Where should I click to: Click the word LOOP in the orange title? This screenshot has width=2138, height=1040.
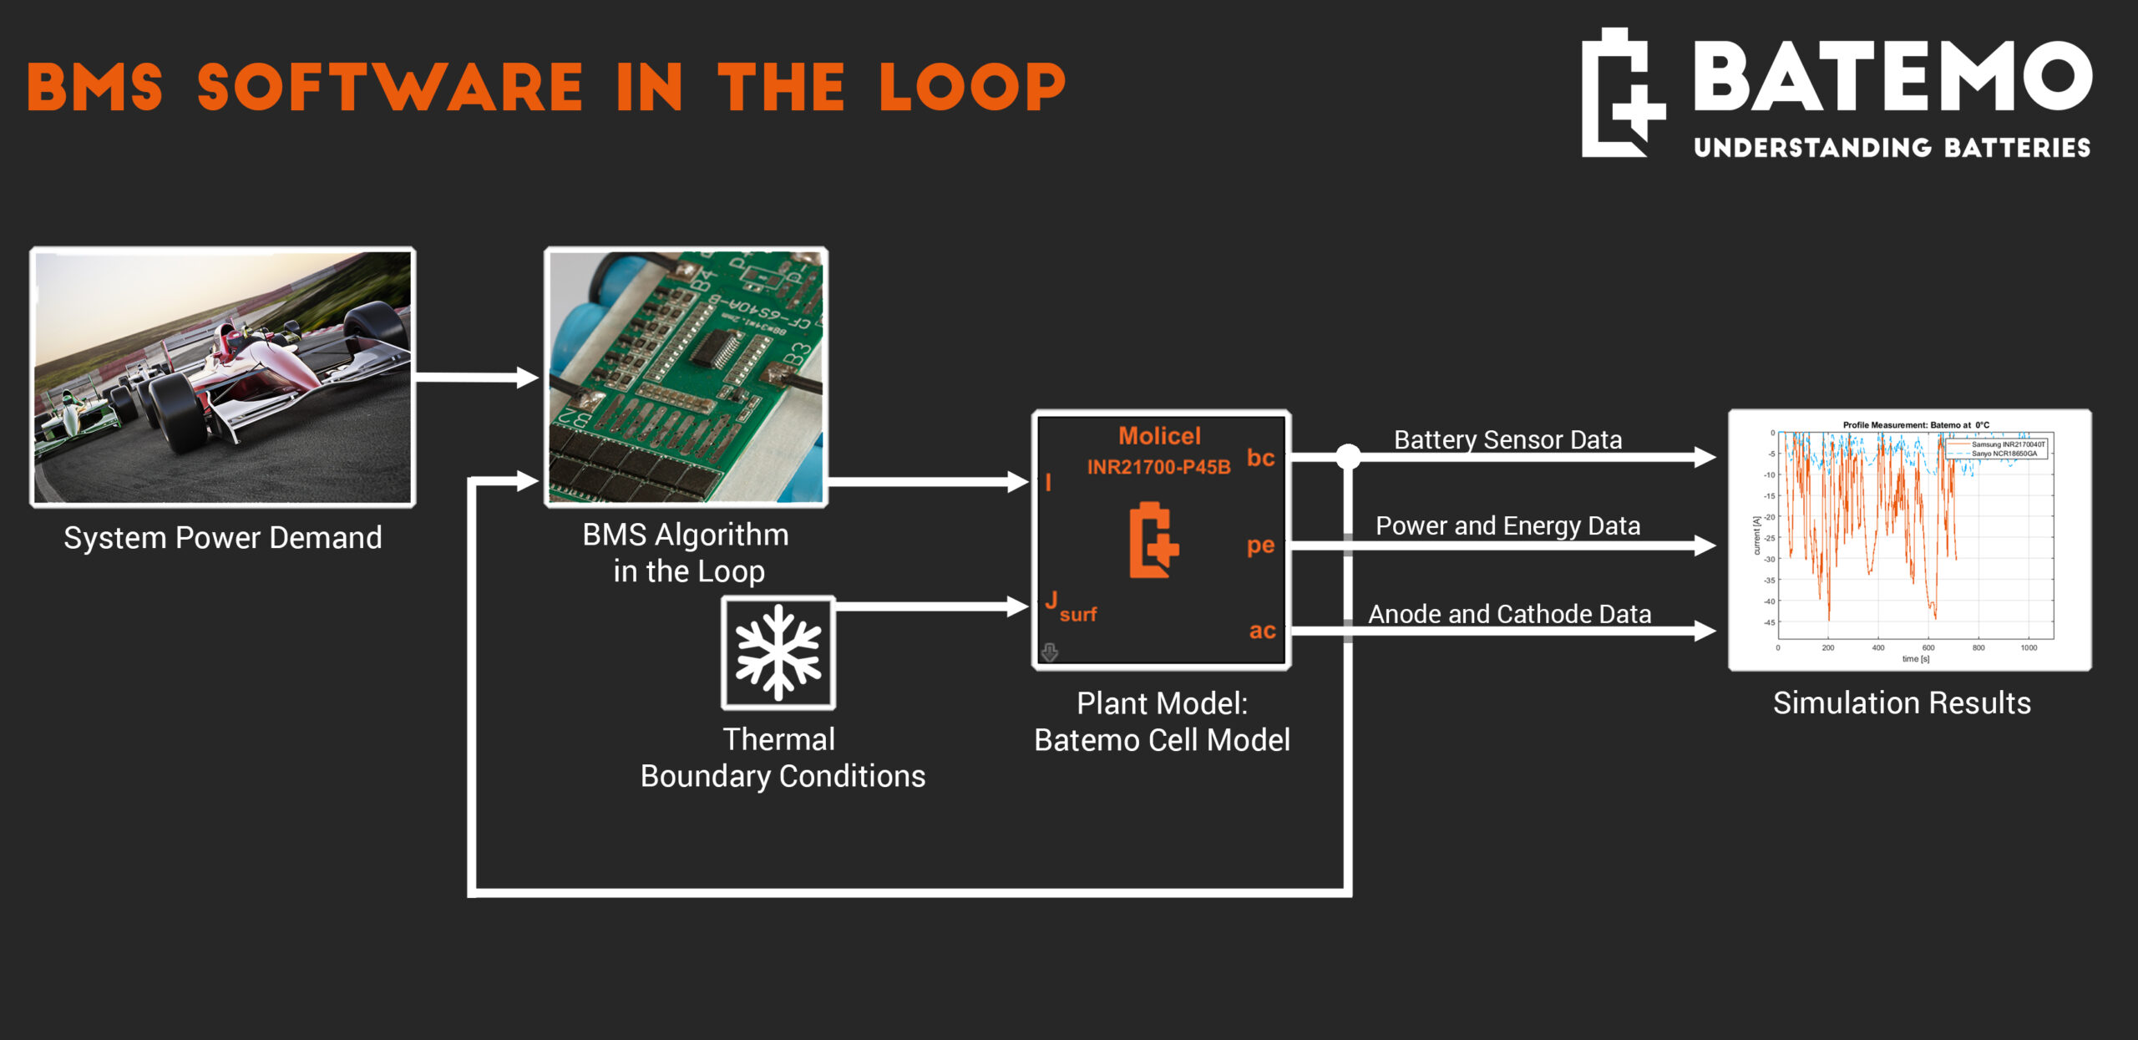click(972, 88)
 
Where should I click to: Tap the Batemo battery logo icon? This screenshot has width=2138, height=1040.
click(1621, 93)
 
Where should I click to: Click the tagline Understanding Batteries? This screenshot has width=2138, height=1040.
click(1892, 148)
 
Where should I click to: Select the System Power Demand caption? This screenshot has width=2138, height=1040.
click(223, 538)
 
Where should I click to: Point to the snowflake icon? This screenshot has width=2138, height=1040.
click(778, 653)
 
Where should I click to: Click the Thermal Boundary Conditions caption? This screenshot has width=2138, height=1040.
click(783, 758)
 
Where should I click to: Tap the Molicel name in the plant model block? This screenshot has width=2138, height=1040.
click(1159, 436)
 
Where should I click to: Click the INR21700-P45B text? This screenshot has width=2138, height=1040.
click(1158, 467)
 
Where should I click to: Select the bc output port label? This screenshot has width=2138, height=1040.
click(1260, 458)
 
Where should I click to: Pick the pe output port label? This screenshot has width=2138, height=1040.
click(1260, 545)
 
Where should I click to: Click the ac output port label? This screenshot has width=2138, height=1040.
click(1262, 631)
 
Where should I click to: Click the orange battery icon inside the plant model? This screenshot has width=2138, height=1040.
click(1153, 540)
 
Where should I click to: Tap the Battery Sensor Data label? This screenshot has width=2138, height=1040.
click(1507, 439)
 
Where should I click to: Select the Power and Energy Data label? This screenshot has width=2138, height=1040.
click(1507, 526)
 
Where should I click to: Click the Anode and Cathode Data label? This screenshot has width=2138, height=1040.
click(1509, 614)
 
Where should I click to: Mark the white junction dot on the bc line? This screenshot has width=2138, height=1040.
click(1348, 456)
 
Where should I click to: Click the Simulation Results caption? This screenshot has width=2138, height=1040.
click(1902, 703)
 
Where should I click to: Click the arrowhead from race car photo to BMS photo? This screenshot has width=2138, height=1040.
click(527, 378)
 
